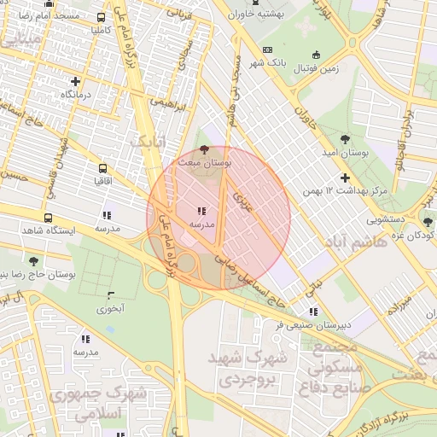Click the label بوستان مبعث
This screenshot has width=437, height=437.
(x=201, y=160)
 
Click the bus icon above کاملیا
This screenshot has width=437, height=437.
(x=102, y=17)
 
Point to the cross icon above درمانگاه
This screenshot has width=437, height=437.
(x=76, y=82)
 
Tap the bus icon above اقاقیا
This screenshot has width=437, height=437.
(x=103, y=169)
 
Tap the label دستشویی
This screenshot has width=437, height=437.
(x=364, y=219)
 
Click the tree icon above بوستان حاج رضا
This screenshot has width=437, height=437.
(x=33, y=261)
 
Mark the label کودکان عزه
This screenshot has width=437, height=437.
(x=411, y=235)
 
